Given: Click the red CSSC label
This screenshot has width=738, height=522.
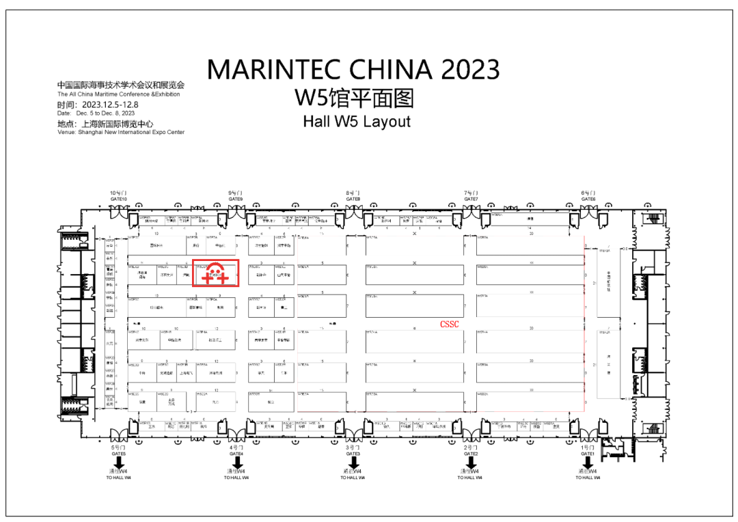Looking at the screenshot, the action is tap(449, 325).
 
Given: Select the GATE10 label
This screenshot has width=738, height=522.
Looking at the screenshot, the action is tap(119, 199).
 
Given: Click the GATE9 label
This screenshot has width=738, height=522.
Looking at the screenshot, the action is tap(236, 199).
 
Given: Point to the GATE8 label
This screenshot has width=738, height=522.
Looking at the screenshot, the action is tap(353, 199).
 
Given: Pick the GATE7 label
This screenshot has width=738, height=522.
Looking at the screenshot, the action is tap(471, 199).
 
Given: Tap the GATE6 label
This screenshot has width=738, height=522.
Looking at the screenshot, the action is tap(588, 199).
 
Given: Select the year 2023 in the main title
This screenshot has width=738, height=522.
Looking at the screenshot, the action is tap(470, 70).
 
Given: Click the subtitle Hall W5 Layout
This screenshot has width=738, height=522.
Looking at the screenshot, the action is tap(357, 122).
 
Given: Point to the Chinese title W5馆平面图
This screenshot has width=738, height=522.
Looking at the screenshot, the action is tap(355, 98).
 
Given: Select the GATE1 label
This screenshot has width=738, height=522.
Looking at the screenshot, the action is tap(588, 454).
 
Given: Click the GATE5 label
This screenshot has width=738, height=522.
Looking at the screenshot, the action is tap(119, 454).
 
